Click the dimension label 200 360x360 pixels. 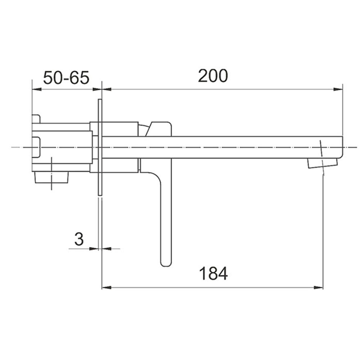click(x=213, y=76)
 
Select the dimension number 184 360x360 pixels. click(x=213, y=273)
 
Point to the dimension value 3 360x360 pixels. click(x=79, y=239)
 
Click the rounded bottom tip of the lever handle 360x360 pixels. click(x=166, y=264)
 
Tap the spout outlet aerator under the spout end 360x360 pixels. click(x=323, y=163)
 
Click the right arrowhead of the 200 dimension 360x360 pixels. click(x=338, y=89)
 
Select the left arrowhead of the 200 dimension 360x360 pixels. click(x=107, y=89)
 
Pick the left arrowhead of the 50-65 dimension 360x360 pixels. click(x=37, y=89)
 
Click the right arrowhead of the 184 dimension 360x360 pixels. click(x=318, y=287)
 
